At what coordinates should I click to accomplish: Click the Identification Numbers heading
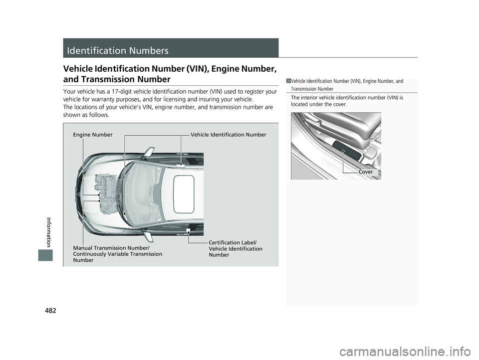(118, 50)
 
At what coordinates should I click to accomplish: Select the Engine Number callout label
(93, 135)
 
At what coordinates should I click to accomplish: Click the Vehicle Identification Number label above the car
(229, 135)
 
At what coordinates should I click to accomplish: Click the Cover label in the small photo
(366, 172)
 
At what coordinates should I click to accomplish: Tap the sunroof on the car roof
(184, 194)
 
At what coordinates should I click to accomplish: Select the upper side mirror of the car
(149, 152)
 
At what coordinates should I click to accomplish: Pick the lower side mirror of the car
(148, 236)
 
